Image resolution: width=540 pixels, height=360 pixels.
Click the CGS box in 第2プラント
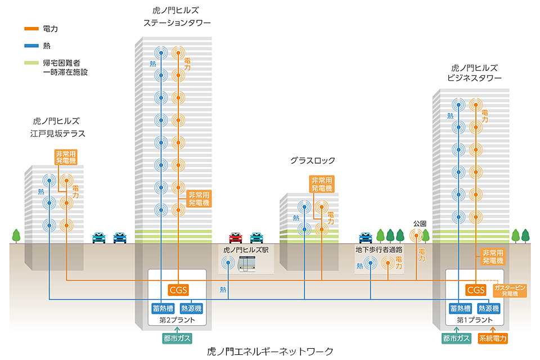(178, 290)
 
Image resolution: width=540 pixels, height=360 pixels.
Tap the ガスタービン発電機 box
(510, 290)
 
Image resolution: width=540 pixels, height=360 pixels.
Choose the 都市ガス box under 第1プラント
(457, 338)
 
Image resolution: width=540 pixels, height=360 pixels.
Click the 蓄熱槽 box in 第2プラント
(164, 308)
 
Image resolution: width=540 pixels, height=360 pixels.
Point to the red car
(236, 237)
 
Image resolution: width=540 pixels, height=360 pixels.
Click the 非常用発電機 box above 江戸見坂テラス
(66, 157)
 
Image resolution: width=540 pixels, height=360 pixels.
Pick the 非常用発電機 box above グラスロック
(322, 184)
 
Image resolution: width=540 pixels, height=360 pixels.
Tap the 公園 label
(420, 223)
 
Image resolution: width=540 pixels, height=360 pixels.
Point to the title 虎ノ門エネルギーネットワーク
(271, 352)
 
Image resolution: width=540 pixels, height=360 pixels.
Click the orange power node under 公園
(417, 236)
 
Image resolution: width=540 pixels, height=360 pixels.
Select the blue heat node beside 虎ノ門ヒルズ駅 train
(228, 262)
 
